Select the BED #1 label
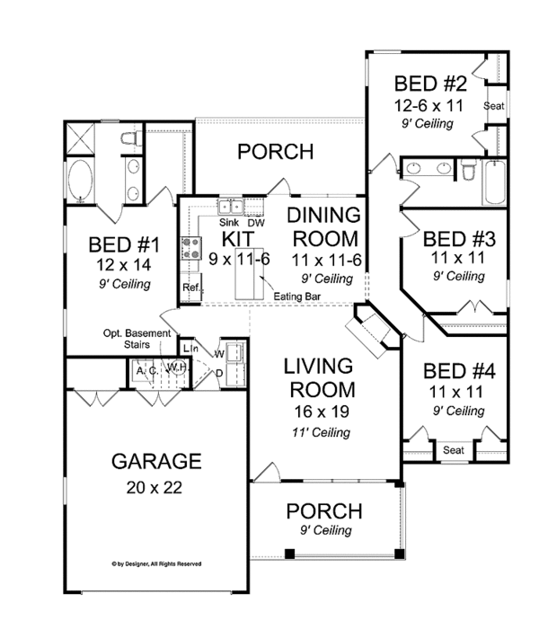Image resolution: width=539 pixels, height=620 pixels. click(x=124, y=244)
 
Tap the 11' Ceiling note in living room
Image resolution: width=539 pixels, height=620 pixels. click(x=318, y=432)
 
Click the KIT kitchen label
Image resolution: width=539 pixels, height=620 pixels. click(x=232, y=238)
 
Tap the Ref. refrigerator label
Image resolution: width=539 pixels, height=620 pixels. click(x=190, y=288)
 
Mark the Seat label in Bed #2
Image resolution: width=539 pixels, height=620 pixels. click(x=494, y=106)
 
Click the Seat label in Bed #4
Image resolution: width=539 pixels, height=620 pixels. click(x=453, y=450)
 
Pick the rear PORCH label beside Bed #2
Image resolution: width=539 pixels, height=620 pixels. click(x=275, y=152)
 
